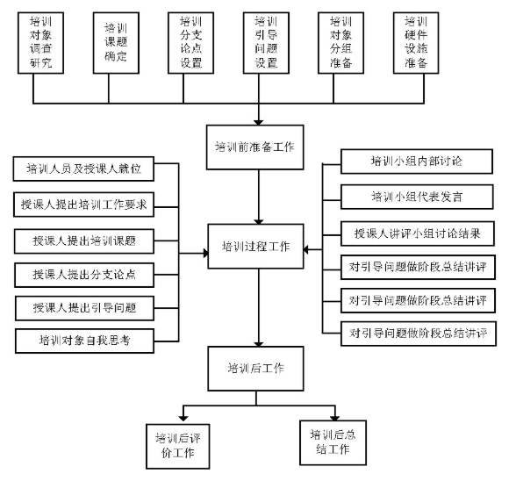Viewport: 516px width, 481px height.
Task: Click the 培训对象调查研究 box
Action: click(x=40, y=43)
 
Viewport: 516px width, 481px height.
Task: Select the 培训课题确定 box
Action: click(x=116, y=43)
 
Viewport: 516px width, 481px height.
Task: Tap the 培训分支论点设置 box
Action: click(x=191, y=43)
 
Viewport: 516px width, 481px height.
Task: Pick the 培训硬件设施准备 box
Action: click(x=416, y=43)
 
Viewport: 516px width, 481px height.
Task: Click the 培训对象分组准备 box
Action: click(x=340, y=43)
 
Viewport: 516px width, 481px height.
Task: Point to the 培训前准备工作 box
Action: click(x=255, y=147)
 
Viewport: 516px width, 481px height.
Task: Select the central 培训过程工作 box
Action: click(x=255, y=247)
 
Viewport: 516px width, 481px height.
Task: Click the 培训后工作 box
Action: click(x=255, y=369)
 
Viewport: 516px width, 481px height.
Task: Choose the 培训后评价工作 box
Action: click(x=177, y=446)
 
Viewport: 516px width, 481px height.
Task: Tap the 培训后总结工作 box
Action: click(x=333, y=442)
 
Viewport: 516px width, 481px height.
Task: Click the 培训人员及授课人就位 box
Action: click(x=83, y=169)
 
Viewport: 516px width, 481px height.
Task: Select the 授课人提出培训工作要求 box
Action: click(x=83, y=205)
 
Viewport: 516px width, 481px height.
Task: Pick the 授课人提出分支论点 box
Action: click(x=84, y=275)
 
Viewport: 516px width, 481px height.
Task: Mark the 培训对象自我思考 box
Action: click(x=84, y=341)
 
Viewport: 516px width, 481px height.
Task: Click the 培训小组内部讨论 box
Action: click(x=417, y=162)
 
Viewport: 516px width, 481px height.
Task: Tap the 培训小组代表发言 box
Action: click(x=417, y=197)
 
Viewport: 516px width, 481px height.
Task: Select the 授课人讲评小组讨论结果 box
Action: click(x=418, y=233)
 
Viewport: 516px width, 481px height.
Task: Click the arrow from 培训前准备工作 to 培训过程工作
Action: click(x=259, y=197)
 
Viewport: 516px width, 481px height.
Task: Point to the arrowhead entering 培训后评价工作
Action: click(x=183, y=419)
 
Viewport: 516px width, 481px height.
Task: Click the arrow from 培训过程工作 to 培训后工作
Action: click(x=259, y=307)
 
